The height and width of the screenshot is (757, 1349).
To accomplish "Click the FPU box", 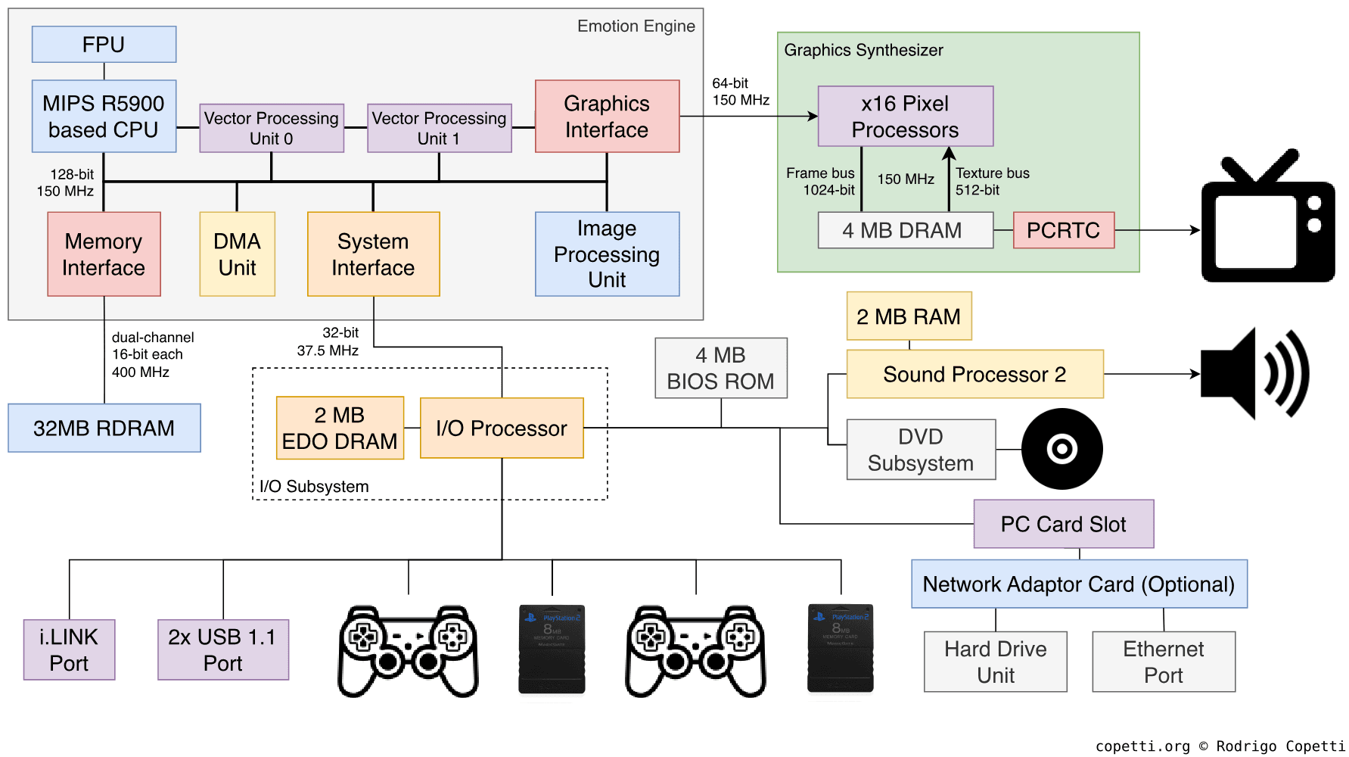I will [104, 45].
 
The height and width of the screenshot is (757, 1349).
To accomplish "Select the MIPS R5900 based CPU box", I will [104, 117].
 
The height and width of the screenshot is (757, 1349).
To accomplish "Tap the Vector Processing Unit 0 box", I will [272, 128].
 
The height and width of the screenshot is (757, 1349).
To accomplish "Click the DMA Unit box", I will [237, 254].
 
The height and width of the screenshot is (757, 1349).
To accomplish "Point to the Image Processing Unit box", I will [607, 254].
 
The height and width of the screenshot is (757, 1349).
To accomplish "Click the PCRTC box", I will [1063, 230].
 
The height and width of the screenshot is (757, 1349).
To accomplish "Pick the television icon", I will [1267, 219].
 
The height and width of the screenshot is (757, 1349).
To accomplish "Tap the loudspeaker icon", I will [1254, 373].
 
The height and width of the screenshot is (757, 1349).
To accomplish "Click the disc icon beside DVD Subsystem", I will [1061, 449].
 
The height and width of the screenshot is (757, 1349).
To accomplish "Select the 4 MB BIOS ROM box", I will [720, 368].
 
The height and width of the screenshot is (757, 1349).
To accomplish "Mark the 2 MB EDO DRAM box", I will [340, 428].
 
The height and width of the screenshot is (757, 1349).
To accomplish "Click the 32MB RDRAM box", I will [104, 428].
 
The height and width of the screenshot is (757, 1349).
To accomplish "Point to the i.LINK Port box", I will [69, 650].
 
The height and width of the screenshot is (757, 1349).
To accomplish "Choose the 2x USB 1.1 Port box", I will [223, 650].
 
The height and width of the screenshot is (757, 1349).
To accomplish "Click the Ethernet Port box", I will [1163, 662].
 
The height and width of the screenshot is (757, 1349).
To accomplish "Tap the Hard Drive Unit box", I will [995, 662].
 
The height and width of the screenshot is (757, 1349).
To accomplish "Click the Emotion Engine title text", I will [636, 26].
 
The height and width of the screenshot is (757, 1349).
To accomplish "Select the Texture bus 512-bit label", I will [992, 182].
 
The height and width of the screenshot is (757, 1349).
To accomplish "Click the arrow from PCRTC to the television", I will [1157, 230].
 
